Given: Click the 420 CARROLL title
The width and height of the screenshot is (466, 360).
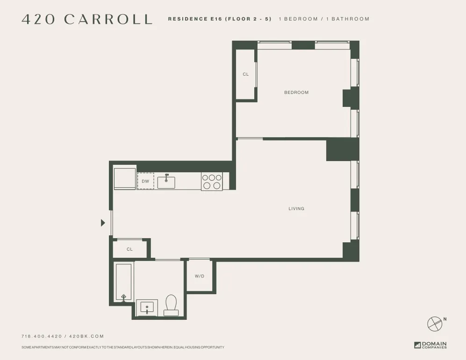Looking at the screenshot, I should click(87, 19).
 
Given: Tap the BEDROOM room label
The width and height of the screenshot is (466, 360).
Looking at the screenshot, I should click(296, 92).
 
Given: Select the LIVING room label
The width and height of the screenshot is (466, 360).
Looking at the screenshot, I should click(296, 209).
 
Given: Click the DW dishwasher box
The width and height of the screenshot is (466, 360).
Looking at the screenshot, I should click(145, 181).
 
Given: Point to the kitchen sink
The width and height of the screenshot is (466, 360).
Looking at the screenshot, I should click(166, 182).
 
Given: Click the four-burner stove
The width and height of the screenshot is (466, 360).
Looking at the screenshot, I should click(212, 181).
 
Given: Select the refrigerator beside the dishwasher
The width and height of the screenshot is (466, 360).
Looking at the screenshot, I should click(125, 179).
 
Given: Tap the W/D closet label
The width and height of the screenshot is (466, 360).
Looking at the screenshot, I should click(200, 276).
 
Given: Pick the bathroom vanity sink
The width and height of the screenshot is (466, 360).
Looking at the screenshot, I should click(147, 308).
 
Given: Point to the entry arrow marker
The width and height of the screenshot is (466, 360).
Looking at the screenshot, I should click(103, 223).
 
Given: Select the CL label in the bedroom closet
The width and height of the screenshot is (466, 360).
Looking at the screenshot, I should click(246, 74).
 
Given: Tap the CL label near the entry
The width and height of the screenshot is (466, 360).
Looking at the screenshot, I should click(129, 249).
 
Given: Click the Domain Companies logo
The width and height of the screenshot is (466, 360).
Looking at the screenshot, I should click(430, 346).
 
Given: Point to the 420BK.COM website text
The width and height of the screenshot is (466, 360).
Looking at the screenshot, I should click(86, 336).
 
